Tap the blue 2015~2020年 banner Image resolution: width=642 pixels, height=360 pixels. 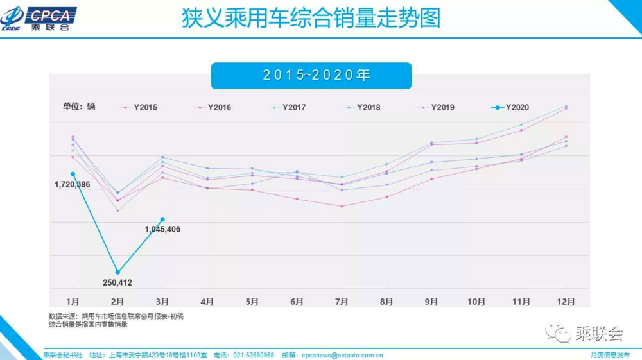[311, 75]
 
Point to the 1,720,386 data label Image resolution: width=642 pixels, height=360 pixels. [73, 185]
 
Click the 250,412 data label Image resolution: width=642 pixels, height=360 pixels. [117, 282]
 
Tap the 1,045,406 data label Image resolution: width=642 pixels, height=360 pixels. [162, 229]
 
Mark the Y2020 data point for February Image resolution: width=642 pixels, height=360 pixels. [117, 272]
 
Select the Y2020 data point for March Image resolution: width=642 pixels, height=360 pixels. [162, 219]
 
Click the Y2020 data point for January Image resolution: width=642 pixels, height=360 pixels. [73, 174]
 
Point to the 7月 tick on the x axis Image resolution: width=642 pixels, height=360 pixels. [342, 301]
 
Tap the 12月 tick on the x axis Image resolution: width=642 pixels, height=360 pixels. [566, 301]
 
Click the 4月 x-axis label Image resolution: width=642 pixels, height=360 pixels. [207, 301]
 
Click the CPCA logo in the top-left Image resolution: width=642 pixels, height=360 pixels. [39, 18]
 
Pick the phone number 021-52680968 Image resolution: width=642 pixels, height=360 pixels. [253, 355]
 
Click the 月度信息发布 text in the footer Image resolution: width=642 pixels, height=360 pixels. [610, 355]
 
